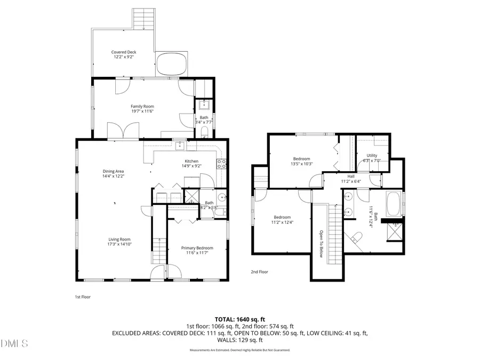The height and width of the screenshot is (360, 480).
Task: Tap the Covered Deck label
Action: pyautogui.click(x=124, y=52)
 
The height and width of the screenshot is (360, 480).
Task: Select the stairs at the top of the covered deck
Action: pyautogui.click(x=142, y=20)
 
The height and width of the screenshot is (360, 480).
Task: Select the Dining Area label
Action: pyautogui.click(x=113, y=171)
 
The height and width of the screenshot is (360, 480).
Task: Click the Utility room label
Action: pyautogui.click(x=372, y=155)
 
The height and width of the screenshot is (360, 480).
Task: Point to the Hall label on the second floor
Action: pyautogui.click(x=351, y=176)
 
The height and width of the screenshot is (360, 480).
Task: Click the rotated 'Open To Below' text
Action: pyautogui.click(x=322, y=243)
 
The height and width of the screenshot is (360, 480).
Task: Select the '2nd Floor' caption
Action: pyautogui.click(x=260, y=272)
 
